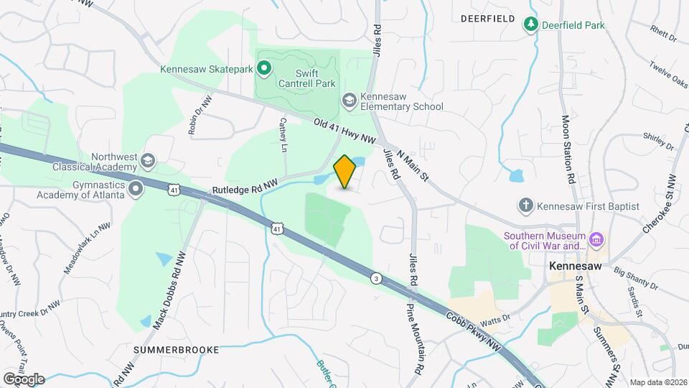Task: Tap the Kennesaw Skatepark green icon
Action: [x=263, y=69]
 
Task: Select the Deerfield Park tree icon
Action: [x=530, y=25]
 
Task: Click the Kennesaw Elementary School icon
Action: [x=350, y=100]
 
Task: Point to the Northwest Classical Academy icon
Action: [x=149, y=159]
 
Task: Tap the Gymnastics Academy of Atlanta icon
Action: [x=136, y=188]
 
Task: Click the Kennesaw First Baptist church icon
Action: [x=526, y=206]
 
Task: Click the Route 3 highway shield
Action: [x=375, y=277]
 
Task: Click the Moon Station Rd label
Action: [x=568, y=149]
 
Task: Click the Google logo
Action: [x=24, y=379]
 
